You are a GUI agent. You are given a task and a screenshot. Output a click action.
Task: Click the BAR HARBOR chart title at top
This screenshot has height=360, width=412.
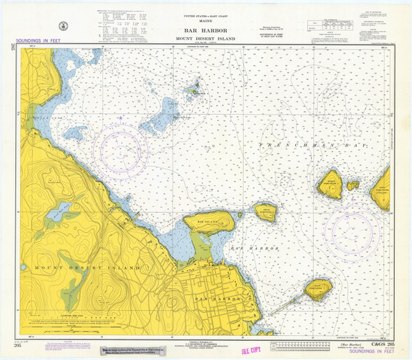(205, 30)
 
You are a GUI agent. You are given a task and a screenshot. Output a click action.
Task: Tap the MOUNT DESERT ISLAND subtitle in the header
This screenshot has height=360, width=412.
(205, 38)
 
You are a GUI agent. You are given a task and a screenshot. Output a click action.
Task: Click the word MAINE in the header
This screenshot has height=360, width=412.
(205, 21)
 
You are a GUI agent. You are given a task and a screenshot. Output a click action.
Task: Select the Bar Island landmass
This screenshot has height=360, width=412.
(209, 221)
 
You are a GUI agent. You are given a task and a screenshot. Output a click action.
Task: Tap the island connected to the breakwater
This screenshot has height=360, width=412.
(317, 288)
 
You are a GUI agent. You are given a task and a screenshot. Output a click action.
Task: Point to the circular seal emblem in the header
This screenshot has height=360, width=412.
(65, 25)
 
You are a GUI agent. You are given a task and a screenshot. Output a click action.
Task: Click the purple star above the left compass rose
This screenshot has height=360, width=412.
(121, 117)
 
